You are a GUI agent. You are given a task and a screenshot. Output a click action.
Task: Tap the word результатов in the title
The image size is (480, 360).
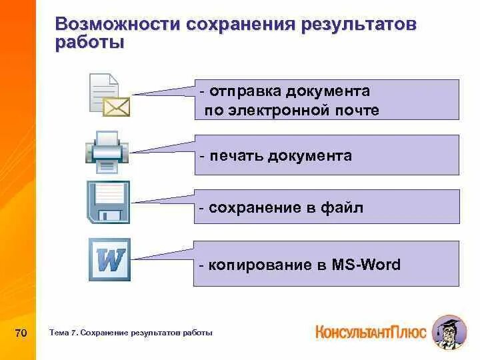pyautogui.click(x=359, y=25)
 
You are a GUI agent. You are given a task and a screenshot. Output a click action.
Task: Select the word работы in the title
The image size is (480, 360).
pyautogui.click(x=90, y=43)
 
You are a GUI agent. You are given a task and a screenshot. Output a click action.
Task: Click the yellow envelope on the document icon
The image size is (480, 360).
pyautogui.click(x=117, y=105)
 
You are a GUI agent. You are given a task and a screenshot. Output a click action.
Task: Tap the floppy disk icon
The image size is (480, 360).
pyautogui.click(x=109, y=201)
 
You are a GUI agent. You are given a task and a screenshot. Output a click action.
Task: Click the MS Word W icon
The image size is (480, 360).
pyautogui.click(x=109, y=260)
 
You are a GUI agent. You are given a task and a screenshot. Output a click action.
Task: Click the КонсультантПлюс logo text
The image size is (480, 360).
pyautogui.click(x=370, y=332)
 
